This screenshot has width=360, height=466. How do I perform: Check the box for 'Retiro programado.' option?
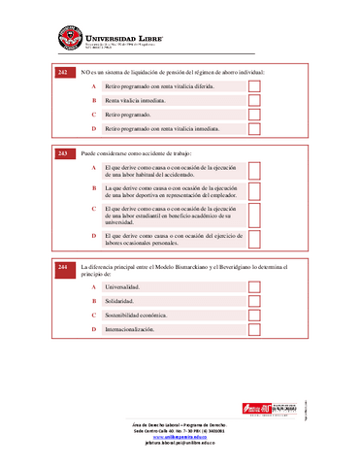[x=255, y=115]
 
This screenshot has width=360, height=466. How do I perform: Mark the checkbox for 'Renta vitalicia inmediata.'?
[x=255, y=100]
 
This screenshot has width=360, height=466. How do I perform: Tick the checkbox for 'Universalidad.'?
[x=255, y=287]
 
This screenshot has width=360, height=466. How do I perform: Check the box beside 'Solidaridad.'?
[x=255, y=301]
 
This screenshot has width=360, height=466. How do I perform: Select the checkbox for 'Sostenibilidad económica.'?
[x=255, y=316]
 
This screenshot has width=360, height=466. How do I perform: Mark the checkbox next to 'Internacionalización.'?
[x=255, y=329]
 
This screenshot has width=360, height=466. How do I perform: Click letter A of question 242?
[x=94, y=86]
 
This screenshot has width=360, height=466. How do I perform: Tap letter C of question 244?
[x=94, y=316]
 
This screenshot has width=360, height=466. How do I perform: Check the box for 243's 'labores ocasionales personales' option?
[x=255, y=239]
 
